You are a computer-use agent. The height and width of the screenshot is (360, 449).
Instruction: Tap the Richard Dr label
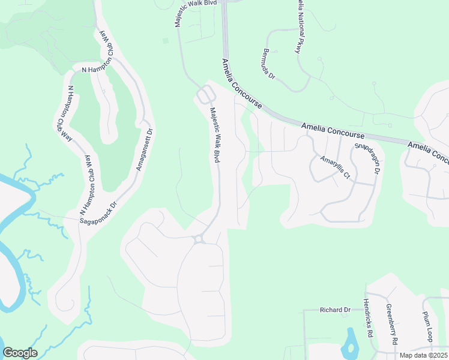pyautogui.click(x=334, y=310)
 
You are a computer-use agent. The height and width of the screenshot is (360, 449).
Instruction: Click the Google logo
pyautogui.click(x=20, y=353)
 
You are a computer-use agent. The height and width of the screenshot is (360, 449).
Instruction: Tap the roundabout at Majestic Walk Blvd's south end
pyautogui.click(x=199, y=239)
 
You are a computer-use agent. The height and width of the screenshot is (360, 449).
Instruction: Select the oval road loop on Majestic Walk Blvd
pyautogui.click(x=206, y=95)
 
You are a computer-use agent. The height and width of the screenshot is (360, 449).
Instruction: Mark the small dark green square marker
pyautogui.click(x=165, y=41)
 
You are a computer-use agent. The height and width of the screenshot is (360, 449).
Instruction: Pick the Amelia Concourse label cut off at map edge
pyautogui.click(x=427, y=152)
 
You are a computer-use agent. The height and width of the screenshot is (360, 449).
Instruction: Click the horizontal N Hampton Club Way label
pyautogui.click(x=97, y=69)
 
